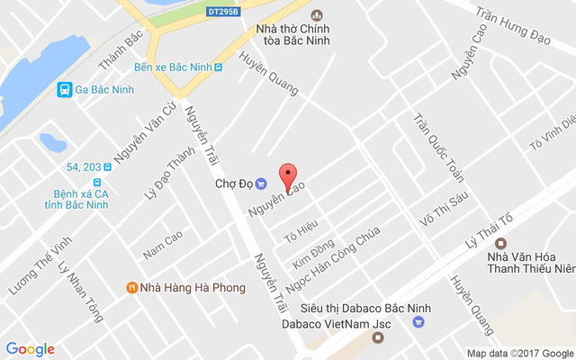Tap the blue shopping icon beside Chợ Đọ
click(260, 183)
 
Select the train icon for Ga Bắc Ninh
click(64, 89)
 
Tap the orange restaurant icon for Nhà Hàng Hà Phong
click(131, 288)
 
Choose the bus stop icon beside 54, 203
click(107, 167)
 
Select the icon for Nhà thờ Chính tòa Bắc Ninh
click(316, 15)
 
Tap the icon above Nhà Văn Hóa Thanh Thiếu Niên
click(501, 242)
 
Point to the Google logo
click(31, 349)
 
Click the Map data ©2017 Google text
click(519, 353)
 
